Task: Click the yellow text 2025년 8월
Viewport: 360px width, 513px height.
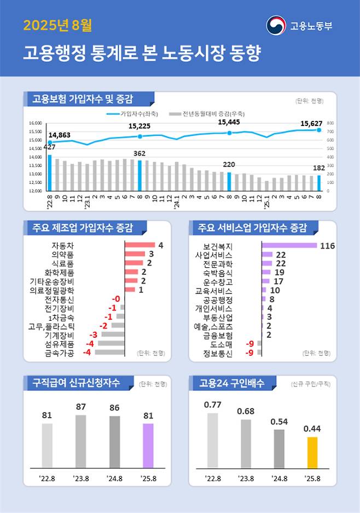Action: click(x=57, y=25)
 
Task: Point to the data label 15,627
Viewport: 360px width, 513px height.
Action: click(x=311, y=124)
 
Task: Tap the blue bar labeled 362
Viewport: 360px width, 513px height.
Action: click(x=140, y=175)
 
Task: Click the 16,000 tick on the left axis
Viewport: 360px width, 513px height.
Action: click(x=35, y=123)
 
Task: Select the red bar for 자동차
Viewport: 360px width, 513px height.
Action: click(x=140, y=245)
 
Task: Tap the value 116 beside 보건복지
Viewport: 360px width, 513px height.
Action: click(x=327, y=246)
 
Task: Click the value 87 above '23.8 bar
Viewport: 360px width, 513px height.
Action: click(x=80, y=407)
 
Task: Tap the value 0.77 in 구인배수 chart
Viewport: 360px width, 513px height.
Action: click(x=212, y=405)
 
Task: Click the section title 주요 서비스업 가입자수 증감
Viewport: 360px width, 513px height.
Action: click(x=252, y=227)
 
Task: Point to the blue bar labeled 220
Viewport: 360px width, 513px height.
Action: click(x=229, y=181)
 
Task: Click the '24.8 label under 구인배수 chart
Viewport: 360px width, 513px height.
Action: click(x=279, y=478)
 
